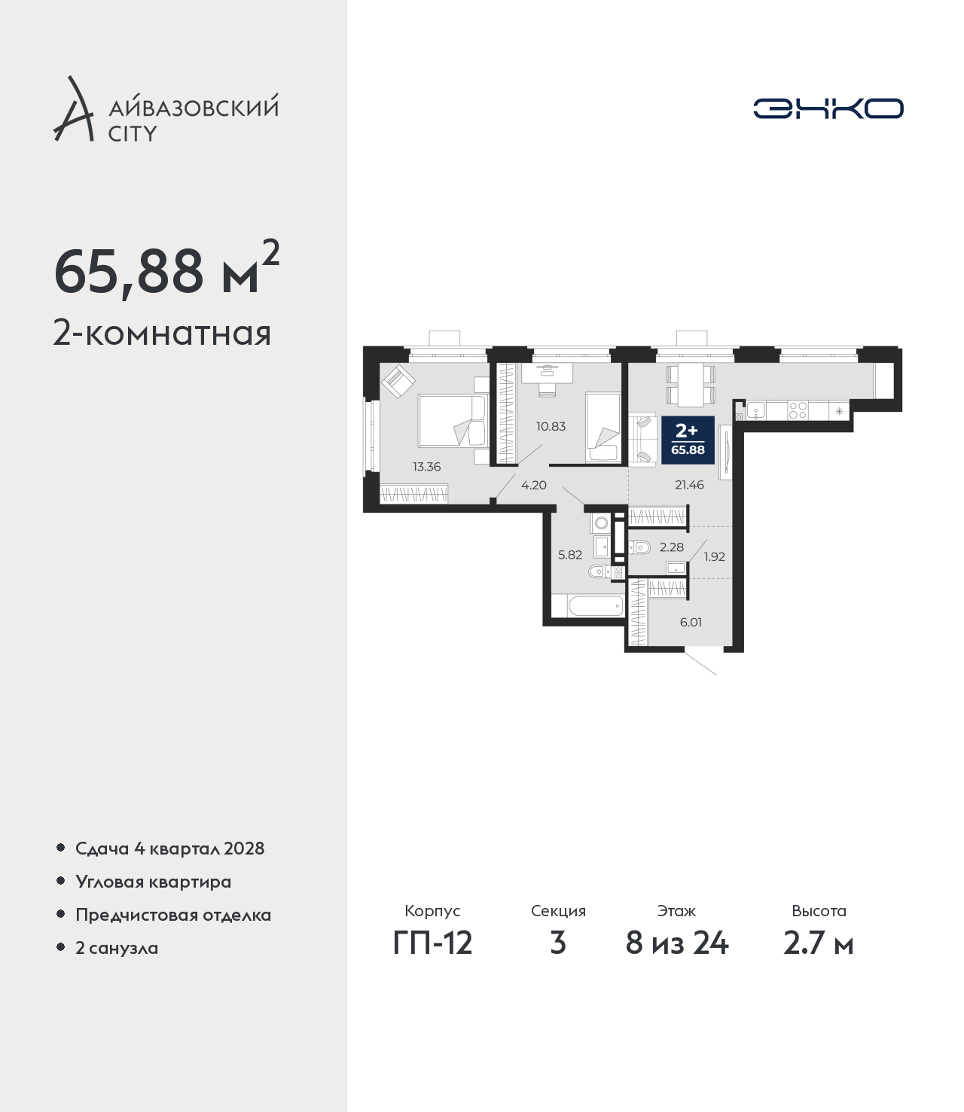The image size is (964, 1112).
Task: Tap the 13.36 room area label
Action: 427,467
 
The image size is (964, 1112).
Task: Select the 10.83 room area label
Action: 551,427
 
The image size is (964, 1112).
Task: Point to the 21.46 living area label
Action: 690,485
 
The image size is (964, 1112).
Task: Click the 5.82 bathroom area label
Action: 570,555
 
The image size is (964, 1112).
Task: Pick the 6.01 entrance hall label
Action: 691,622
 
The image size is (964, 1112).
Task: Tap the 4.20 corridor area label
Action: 534,485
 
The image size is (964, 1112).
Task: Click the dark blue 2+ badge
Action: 688,440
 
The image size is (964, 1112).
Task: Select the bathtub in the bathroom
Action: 596,606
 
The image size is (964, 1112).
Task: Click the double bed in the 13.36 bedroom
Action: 453,421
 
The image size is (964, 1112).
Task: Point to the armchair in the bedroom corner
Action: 398,381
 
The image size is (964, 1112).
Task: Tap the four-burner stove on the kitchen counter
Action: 797,410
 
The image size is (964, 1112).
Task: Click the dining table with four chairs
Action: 691,385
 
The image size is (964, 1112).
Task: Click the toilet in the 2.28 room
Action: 640,547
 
